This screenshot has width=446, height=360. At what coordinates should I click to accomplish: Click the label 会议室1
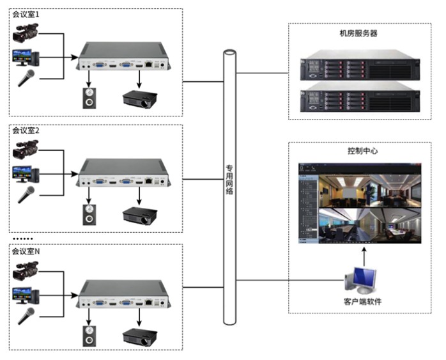click(x=26, y=15)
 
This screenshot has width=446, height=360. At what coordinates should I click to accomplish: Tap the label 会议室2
click(x=26, y=130)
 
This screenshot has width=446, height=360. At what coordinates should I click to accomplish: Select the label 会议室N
click(x=26, y=251)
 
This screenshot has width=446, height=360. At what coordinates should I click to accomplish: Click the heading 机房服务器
click(x=358, y=34)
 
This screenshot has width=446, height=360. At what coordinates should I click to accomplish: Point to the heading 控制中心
click(x=362, y=151)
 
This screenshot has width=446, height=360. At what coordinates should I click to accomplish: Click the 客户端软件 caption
click(x=362, y=302)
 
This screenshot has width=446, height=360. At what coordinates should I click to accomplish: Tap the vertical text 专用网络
click(x=229, y=180)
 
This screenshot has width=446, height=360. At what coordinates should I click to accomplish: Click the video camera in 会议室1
click(x=26, y=33)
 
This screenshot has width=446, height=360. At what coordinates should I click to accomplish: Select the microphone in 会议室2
click(x=26, y=194)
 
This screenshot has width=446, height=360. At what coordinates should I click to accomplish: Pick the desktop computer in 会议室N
click(x=26, y=295)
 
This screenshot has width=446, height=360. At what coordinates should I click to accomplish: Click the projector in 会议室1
click(x=140, y=99)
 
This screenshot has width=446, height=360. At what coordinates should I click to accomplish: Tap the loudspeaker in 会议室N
click(x=89, y=336)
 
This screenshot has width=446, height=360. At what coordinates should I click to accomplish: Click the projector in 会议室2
click(x=140, y=216)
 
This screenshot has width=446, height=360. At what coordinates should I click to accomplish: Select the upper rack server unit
click(x=360, y=65)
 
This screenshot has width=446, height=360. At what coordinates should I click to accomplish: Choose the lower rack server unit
click(x=360, y=97)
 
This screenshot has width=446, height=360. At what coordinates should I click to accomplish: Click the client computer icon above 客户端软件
click(x=360, y=281)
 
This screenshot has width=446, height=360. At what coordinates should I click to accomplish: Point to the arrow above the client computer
click(x=364, y=256)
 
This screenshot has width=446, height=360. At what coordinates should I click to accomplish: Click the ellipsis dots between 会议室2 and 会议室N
click(x=23, y=239)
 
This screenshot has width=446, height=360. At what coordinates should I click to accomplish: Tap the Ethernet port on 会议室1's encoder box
click(x=148, y=65)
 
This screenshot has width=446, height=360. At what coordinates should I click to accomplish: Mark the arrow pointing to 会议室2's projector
click(x=139, y=196)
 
